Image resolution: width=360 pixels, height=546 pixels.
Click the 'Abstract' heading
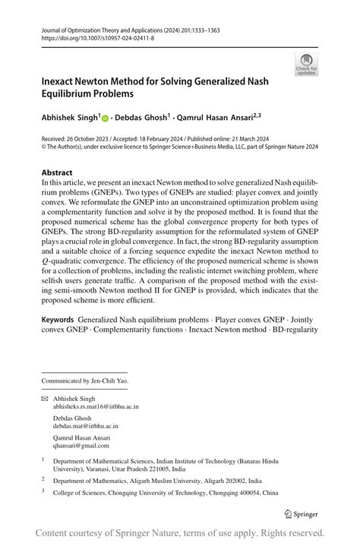pyautogui.click(x=57, y=172)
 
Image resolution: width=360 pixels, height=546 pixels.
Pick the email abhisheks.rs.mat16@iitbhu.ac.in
pyautogui.click(x=96, y=406)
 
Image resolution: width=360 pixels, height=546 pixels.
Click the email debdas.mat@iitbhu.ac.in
pyautogui.click(x=85, y=428)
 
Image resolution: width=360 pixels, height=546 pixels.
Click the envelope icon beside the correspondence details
pyautogui.click(x=44, y=397)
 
